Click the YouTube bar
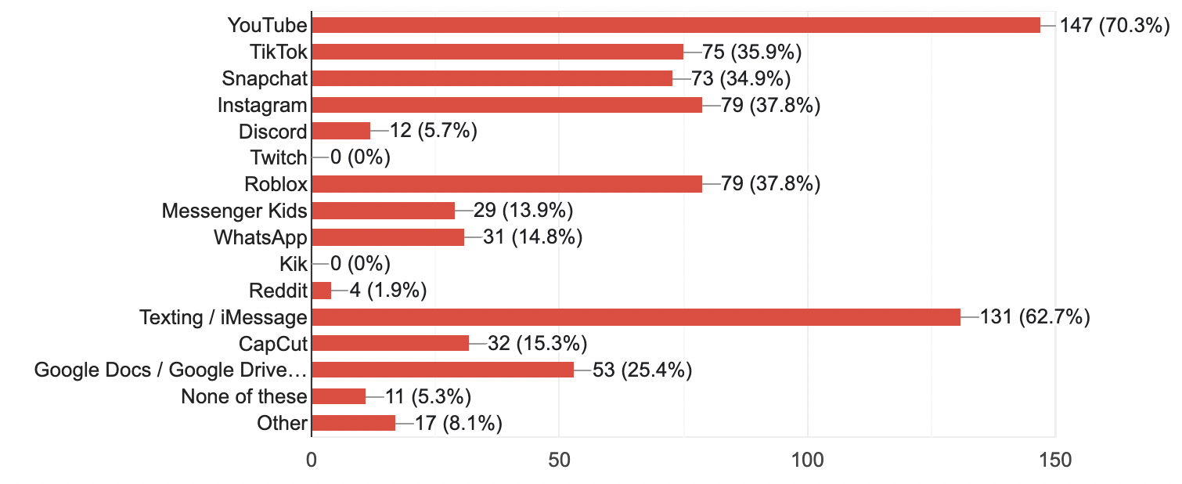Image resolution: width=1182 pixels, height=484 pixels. tap(676, 25)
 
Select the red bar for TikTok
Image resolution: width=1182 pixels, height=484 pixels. tap(498, 52)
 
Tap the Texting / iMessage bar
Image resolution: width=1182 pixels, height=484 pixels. tap(636, 317)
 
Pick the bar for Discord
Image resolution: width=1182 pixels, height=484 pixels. tap(341, 131)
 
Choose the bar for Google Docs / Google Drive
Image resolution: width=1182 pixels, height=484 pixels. tap(443, 370)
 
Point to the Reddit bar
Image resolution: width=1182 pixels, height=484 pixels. tap(322, 291)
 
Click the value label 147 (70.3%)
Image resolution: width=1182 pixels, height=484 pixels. tap(1114, 25)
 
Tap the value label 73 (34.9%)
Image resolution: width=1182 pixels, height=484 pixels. tap(741, 78)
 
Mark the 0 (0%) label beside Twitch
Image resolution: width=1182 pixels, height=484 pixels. tap(360, 157)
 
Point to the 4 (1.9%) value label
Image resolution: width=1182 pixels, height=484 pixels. tap(378, 291)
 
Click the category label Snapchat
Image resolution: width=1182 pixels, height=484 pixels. tap(265, 78)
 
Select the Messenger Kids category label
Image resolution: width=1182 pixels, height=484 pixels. tap(235, 211)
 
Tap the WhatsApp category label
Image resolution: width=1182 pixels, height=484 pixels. tap(261, 237)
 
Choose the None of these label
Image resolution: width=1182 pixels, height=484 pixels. tap(244, 396)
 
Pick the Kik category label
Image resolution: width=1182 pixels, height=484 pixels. tap(294, 264)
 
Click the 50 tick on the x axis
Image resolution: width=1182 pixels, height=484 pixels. tap(559, 461)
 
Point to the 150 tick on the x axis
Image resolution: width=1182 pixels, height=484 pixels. tap(1054, 461)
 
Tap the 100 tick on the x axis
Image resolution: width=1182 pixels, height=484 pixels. tap(807, 461)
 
